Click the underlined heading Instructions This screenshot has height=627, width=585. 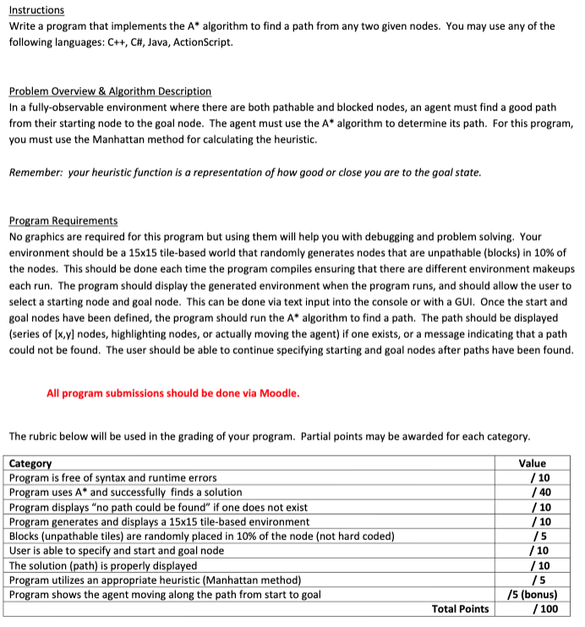click(36, 10)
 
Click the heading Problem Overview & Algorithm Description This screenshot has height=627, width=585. click(110, 91)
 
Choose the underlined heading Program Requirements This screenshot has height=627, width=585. click(63, 221)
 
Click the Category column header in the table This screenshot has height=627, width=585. click(30, 463)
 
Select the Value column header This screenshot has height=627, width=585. click(532, 463)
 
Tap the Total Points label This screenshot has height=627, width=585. click(460, 608)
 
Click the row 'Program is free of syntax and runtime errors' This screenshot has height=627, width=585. click(112, 477)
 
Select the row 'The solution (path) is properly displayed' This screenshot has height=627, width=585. click(103, 564)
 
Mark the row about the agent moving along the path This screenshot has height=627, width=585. click(165, 593)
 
